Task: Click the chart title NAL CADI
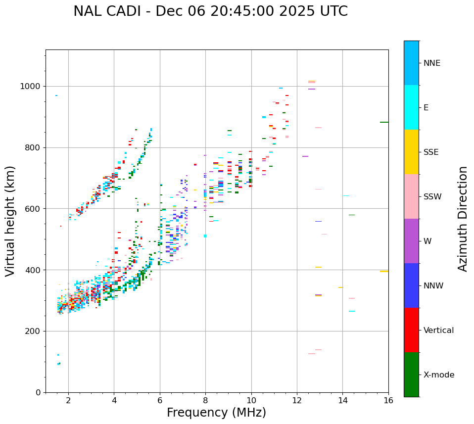(210, 11)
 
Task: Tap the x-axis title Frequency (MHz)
(216, 413)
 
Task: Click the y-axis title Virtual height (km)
(10, 221)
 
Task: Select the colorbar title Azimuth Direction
(463, 218)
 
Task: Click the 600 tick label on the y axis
(35, 209)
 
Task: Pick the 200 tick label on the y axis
(35, 331)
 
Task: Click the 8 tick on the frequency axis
(205, 400)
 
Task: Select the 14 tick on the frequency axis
(343, 400)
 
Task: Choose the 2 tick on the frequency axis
(68, 400)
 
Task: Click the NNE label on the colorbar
(431, 63)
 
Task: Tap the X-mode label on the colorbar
(438, 375)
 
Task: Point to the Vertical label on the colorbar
(438, 330)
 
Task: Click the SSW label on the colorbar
(432, 197)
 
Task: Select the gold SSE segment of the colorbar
(411, 152)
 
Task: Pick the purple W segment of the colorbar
(411, 241)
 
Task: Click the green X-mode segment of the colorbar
(411, 375)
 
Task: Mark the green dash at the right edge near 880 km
(384, 122)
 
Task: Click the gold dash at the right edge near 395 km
(384, 271)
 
